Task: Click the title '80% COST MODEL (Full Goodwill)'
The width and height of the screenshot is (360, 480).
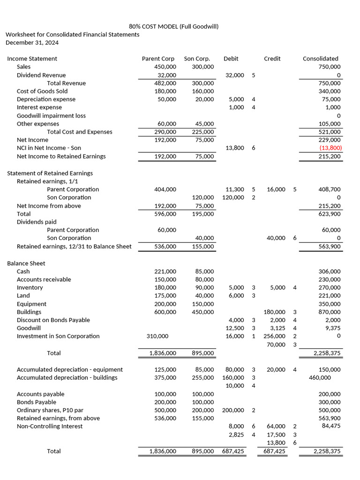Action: (173, 26)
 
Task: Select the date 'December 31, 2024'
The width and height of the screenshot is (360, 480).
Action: (32, 43)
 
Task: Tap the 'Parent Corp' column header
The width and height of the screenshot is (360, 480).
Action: (158, 59)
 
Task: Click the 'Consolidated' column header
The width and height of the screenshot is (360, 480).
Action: (320, 59)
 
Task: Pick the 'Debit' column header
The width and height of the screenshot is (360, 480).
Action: (231, 59)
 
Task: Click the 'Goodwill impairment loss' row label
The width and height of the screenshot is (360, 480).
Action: (51, 116)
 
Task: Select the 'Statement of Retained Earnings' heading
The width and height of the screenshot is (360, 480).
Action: (50, 173)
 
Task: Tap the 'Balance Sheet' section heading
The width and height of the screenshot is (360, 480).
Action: (26, 263)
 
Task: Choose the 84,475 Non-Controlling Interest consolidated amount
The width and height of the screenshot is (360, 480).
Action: (331, 426)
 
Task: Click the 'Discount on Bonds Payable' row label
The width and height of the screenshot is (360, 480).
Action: (53, 320)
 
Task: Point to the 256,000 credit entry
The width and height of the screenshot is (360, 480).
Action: (275, 336)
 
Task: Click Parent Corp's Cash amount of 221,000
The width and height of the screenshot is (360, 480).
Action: (165, 271)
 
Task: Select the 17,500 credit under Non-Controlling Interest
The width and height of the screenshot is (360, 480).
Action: (276, 435)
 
